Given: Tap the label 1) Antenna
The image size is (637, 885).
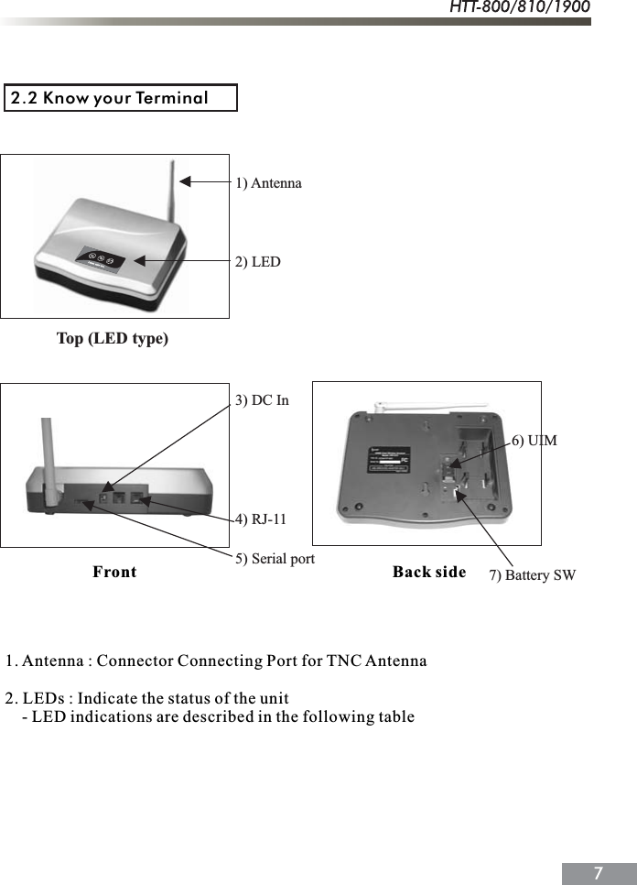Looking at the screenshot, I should coord(268,183).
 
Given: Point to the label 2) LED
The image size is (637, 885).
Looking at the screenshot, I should coord(258,262).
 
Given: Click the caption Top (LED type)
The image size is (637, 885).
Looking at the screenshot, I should coord(113,339).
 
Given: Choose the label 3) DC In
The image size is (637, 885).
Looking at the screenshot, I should coord(262,400).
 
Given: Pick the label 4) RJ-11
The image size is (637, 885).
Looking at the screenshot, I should coord(261,519).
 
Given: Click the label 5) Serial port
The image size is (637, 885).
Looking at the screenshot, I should coord(275,558).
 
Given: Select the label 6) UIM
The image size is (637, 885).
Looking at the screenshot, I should coord(534,441).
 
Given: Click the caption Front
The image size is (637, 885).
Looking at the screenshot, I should coord(114,573).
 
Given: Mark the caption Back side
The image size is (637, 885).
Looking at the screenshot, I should coord(429,573).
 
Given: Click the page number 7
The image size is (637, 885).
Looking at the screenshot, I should coord(598,872).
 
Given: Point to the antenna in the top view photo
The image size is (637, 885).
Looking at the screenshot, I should coord(170,192).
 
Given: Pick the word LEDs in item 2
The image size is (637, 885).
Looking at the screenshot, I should coord(41,698).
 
